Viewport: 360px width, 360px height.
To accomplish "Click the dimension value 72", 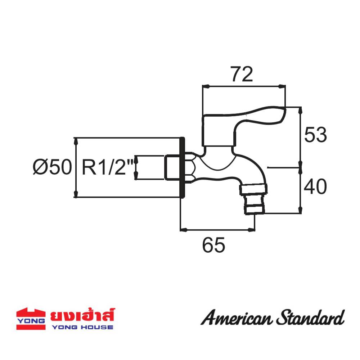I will (242, 74).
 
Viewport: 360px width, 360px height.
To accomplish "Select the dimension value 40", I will (315, 187).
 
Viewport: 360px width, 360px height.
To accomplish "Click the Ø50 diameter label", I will (52, 167).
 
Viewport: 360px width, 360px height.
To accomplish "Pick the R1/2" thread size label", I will (107, 167).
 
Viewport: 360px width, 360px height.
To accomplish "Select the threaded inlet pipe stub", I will (172, 167).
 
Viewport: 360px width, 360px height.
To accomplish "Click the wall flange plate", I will (182, 167).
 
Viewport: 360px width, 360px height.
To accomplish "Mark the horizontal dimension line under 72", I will (244, 86).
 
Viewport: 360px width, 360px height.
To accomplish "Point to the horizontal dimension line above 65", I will (217, 229).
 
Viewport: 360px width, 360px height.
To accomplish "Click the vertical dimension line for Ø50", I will (76, 167).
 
